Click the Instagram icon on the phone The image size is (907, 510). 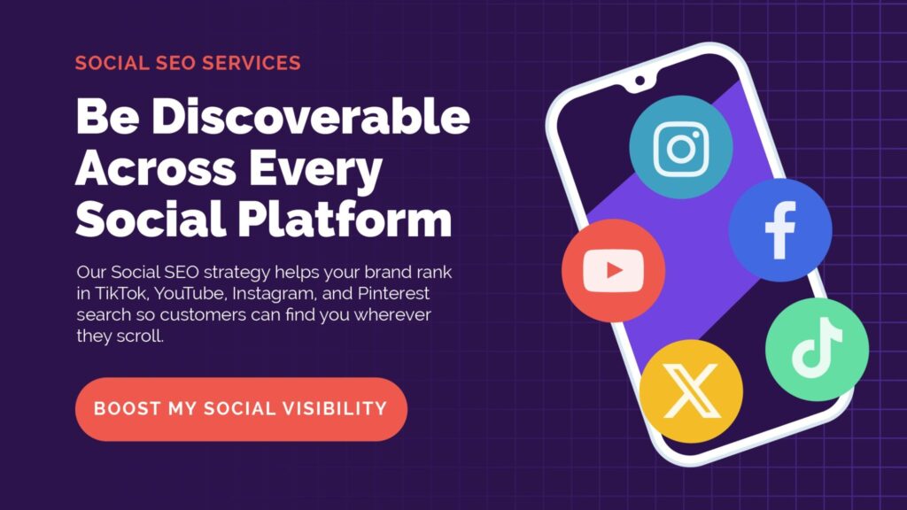(681, 147)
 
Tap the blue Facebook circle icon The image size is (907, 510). (780, 229)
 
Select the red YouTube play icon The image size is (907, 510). (613, 271)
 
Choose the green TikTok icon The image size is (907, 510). (817, 349)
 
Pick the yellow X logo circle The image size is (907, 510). (691, 391)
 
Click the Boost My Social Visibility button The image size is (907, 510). (241, 409)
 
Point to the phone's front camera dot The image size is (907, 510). (640, 81)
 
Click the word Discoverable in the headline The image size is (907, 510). (311, 116)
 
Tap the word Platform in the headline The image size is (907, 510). (345, 220)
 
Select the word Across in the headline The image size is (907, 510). (156, 168)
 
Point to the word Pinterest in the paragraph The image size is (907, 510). (393, 293)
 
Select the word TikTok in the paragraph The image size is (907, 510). (120, 293)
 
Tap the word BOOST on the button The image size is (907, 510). (128, 409)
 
